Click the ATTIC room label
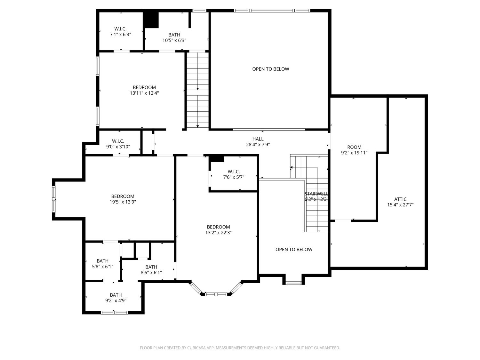[400, 199]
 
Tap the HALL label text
[258, 139]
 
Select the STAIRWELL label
[316, 194]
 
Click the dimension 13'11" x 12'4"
[144, 93]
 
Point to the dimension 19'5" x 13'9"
[123, 202]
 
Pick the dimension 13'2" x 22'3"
[218, 232]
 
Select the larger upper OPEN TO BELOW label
[270, 69]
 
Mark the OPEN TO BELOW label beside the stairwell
[294, 249]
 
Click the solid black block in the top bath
[151, 20]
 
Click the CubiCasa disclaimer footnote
[240, 348]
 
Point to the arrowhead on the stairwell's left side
[291, 167]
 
